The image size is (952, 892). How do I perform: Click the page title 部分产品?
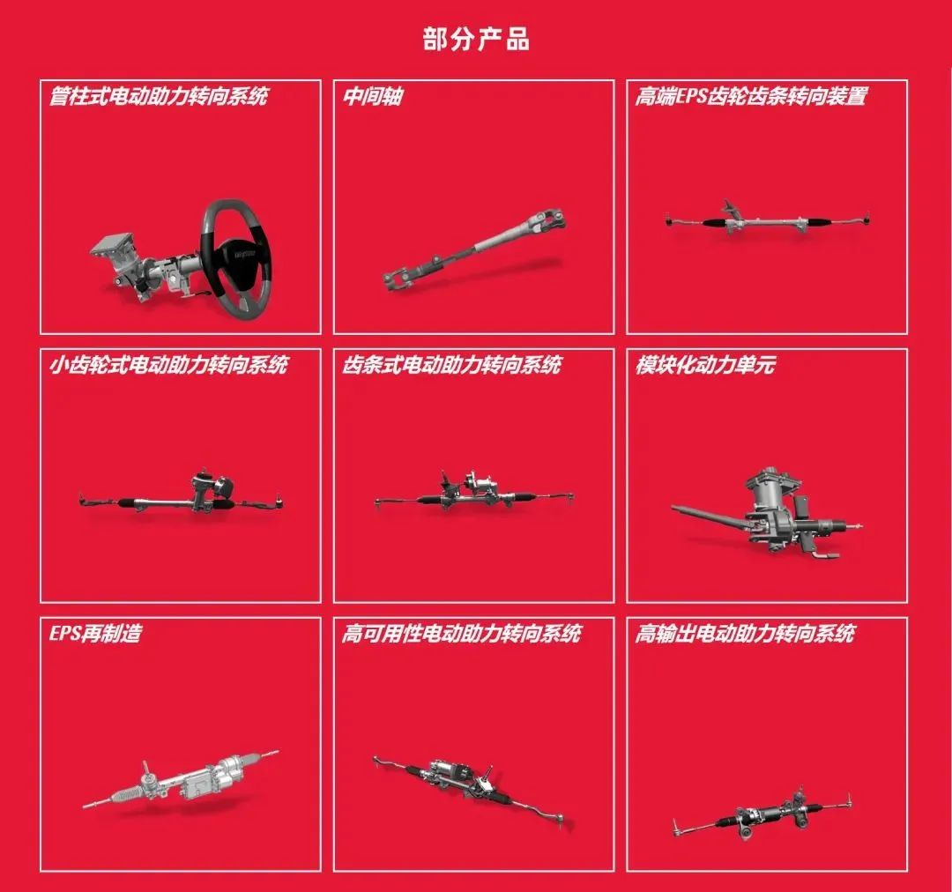[476, 40]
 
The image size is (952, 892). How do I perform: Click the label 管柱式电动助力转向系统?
[159, 96]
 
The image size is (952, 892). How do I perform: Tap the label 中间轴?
[373, 96]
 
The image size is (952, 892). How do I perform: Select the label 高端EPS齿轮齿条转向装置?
[751, 96]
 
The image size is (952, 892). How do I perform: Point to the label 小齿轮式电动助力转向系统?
[168, 364]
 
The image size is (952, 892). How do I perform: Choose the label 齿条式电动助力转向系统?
[451, 364]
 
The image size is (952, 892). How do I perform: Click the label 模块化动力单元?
[705, 364]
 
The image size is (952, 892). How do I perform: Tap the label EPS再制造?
[95, 634]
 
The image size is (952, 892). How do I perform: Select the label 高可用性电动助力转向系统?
[461, 634]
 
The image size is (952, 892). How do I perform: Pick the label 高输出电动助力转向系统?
[745, 634]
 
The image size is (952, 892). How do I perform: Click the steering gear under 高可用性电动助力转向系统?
[471, 790]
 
